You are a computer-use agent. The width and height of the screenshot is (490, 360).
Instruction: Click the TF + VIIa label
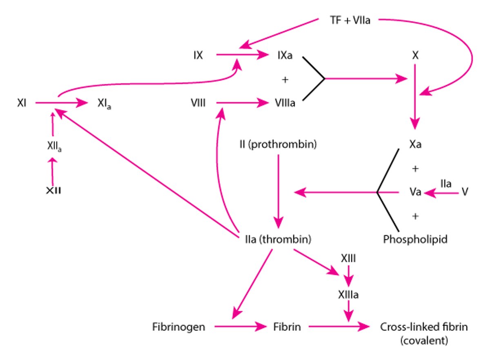[x=350, y=20]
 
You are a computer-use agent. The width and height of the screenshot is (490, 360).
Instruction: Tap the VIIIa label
[x=284, y=104]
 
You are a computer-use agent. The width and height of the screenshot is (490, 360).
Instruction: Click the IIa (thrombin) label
[x=276, y=239]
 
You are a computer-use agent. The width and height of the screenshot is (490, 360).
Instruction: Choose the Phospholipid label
[x=415, y=239]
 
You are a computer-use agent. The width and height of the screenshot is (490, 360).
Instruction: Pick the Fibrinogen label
[x=178, y=327]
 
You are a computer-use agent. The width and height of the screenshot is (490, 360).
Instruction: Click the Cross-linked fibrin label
[x=423, y=327]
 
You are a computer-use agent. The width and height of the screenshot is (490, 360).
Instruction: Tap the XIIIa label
[x=348, y=295]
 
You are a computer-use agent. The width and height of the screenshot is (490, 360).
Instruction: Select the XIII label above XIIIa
[x=348, y=258]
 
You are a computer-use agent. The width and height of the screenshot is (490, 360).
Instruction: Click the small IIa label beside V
[x=445, y=184]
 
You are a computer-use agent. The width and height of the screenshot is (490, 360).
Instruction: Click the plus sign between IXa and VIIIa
[x=285, y=80]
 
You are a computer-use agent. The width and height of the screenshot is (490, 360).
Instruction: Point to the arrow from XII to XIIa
[x=52, y=171]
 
